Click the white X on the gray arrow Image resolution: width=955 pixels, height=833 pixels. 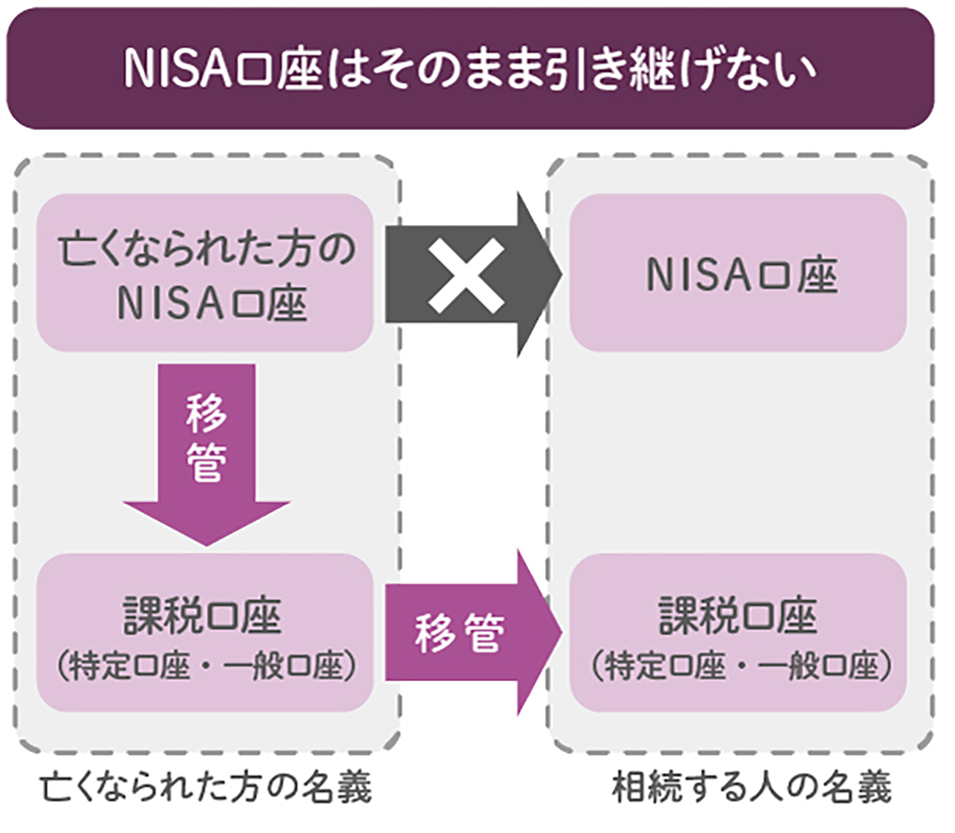[466, 275]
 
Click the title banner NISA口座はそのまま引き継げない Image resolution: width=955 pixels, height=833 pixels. [470, 68]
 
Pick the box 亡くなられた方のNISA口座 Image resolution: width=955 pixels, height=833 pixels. [205, 273]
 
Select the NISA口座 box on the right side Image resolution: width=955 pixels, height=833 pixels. [738, 273]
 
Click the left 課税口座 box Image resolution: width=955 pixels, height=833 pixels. [205, 633]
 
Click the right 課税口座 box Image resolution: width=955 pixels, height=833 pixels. [738, 633]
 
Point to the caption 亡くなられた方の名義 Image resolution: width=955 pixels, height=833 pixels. [206, 787]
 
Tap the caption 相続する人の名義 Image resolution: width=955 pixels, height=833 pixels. [752, 787]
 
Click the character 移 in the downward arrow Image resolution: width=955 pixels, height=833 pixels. [206, 413]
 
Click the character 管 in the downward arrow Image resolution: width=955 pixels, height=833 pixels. [206, 463]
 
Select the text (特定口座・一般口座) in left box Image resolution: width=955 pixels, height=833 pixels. [205, 666]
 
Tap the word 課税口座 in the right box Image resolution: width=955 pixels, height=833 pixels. [738, 616]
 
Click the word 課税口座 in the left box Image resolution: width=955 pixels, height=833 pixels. [202, 616]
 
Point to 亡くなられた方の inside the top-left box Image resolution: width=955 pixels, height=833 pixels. [205, 250]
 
